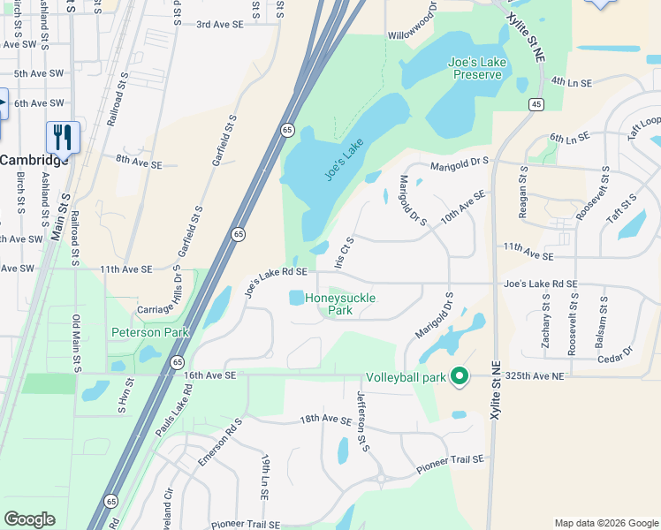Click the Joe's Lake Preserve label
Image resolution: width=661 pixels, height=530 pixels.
[477, 69]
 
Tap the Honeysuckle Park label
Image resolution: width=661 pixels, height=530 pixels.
[340, 305]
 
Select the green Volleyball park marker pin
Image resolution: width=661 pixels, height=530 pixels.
[459, 376]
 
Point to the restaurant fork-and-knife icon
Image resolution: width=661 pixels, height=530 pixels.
[63, 137]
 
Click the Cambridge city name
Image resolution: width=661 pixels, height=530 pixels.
[33, 160]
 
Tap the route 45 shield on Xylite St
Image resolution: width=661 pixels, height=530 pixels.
[536, 105]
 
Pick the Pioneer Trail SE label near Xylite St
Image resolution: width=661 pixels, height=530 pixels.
[451, 460]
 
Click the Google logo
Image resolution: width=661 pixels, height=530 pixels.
[29, 519]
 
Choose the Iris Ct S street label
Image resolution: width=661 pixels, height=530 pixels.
[344, 253]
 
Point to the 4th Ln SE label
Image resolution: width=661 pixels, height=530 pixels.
[569, 81]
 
